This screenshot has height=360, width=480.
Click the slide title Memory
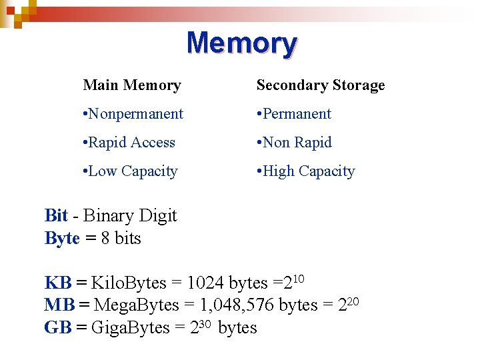(241, 43)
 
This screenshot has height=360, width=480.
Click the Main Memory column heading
(132, 85)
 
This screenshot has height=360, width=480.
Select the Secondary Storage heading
(321, 85)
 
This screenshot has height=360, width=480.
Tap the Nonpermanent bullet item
(133, 114)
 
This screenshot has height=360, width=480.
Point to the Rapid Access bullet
(129, 143)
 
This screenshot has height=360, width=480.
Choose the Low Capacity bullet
(131, 171)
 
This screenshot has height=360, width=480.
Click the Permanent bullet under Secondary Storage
(294, 114)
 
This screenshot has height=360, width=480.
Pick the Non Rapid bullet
(294, 143)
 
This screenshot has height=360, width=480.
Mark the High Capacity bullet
(306, 171)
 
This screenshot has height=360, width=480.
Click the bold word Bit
(56, 215)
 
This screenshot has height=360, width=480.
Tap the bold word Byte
(62, 238)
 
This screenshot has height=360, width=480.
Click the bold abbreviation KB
(57, 283)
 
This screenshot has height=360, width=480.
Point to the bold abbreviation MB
(59, 305)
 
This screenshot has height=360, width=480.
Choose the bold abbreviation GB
(57, 327)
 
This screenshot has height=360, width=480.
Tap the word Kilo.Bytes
(128, 283)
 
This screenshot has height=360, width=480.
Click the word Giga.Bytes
(130, 327)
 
